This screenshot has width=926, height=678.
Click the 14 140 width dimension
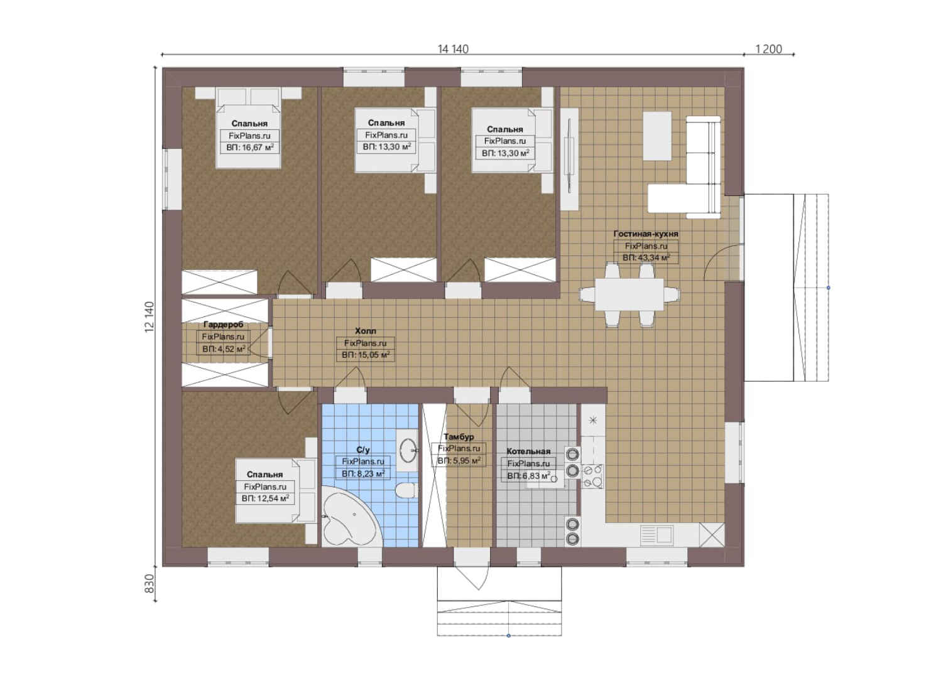click(x=453, y=49)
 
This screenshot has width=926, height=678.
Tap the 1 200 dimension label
click(x=769, y=49)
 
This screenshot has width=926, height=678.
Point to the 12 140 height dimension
click(x=150, y=317)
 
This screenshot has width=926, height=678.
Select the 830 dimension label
click(x=150, y=583)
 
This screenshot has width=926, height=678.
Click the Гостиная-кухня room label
click(x=646, y=234)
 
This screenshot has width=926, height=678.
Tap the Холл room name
click(x=366, y=331)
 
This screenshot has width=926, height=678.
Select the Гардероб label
click(x=223, y=325)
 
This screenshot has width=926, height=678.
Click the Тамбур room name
click(x=459, y=437)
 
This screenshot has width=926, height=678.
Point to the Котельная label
click(x=528, y=451)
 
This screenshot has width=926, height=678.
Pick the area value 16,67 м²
click(x=257, y=148)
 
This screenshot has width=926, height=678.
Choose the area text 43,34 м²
click(x=654, y=257)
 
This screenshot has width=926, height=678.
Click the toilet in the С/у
click(x=405, y=490)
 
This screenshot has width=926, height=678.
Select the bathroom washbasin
click(x=408, y=449)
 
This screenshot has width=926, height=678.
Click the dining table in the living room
click(x=629, y=294)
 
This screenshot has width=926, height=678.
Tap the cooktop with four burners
click(x=593, y=476)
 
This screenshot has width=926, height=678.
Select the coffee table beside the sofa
click(x=657, y=136)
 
